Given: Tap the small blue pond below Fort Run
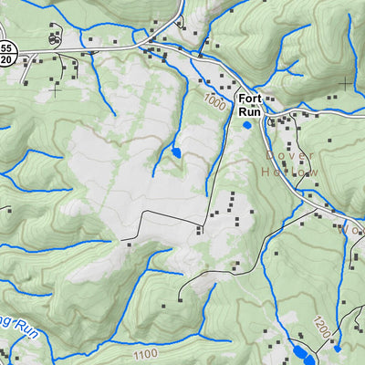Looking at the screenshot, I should tap(246, 125).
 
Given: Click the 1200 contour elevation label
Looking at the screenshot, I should tap(318, 327).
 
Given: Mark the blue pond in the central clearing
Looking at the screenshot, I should tap(176, 151).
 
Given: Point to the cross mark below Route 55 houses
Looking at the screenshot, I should tap(55, 89).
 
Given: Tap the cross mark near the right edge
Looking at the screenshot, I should tap(345, 84).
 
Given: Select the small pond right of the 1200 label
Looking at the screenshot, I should tap(338, 348).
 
